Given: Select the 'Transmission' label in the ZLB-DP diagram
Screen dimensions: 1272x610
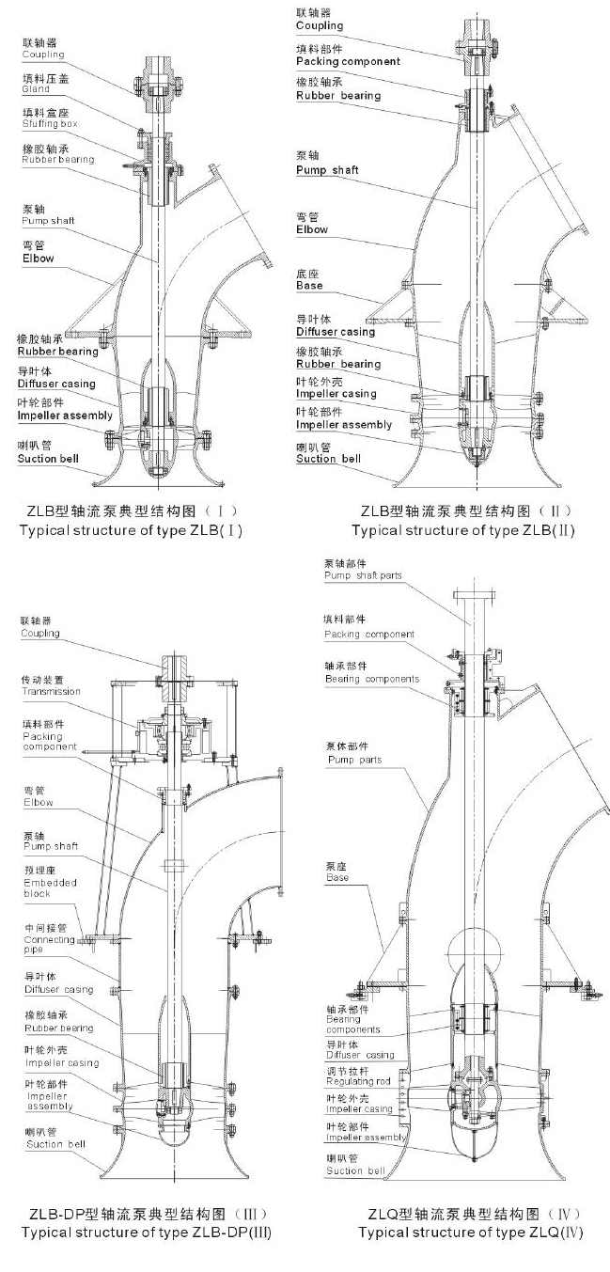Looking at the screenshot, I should point(51,692).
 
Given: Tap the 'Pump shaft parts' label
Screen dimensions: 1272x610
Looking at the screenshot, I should point(362,574).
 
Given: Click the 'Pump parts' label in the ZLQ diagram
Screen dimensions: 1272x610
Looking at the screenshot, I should point(354,760).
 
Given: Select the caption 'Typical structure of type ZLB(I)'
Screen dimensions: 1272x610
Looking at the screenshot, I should point(132,530).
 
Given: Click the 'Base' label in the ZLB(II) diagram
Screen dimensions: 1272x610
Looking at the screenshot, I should point(308,285).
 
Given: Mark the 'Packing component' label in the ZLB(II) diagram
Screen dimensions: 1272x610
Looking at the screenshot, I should point(348,61).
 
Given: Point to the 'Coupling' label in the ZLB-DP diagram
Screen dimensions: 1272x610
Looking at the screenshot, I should point(40,634).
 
